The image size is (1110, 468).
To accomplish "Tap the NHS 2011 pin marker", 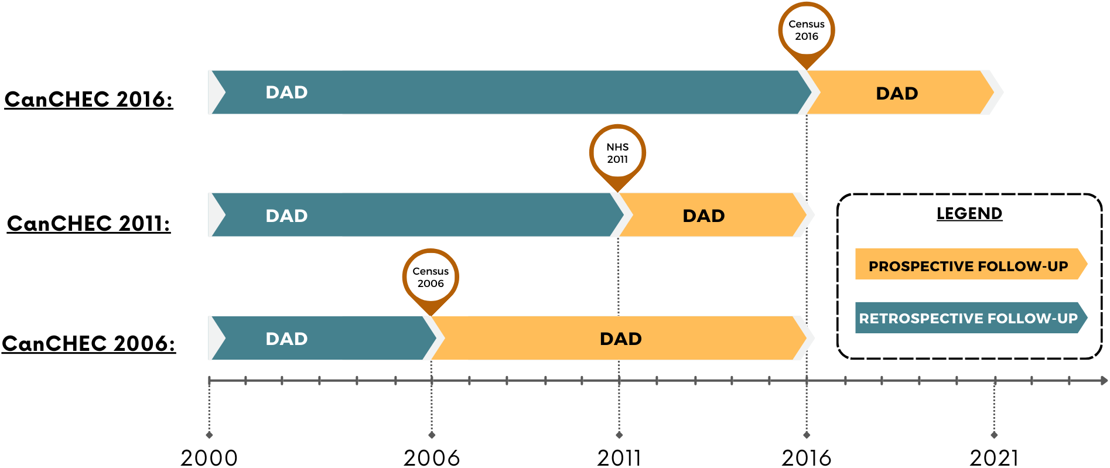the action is tap(617, 156).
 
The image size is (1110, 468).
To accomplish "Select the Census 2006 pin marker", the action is tap(431, 280).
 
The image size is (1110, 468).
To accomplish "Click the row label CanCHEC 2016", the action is tap(89, 100).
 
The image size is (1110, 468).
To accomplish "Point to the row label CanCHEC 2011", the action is tap(89, 223).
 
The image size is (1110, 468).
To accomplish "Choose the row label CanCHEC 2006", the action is tap(89, 343).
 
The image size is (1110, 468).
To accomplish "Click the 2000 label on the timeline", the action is tap(209, 457).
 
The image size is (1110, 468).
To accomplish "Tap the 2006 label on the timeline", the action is tap(432, 457).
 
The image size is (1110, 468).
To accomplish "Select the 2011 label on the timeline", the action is tap(619, 457).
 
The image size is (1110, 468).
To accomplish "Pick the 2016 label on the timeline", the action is tap(807, 457).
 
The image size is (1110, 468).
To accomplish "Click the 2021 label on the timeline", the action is tap(994, 457).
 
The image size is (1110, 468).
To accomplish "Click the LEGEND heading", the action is tap(969, 213).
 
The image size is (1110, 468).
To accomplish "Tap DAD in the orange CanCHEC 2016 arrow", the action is tap(897, 93).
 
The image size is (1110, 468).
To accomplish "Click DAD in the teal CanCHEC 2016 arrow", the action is tap(286, 92).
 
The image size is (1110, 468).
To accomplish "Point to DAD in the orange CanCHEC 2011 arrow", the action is tap(703, 216).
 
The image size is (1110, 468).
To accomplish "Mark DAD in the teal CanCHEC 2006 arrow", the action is tap(286, 339).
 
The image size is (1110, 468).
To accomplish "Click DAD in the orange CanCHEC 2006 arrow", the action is tap(621, 339).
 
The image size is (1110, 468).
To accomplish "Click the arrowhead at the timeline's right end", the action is tap(1104, 381).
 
